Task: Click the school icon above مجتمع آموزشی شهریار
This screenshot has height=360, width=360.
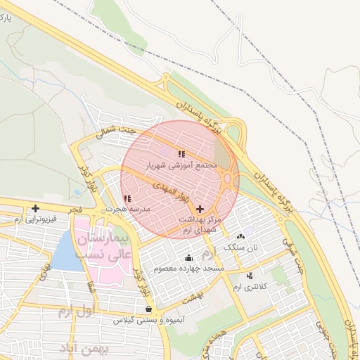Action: pos(181,154)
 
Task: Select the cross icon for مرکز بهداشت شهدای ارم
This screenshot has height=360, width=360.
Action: pos(201,209)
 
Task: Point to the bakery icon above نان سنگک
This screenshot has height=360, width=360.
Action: pos(241,237)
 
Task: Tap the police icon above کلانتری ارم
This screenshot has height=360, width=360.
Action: pos(250,276)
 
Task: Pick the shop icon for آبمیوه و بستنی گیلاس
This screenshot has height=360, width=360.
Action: pos(148,309)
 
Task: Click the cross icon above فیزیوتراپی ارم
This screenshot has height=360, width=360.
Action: pos(35,208)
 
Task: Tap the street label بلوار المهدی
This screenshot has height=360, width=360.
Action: pos(172,190)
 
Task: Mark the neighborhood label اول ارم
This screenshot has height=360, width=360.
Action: pos(73,311)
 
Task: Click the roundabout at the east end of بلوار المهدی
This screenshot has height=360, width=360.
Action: pos(230,179)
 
